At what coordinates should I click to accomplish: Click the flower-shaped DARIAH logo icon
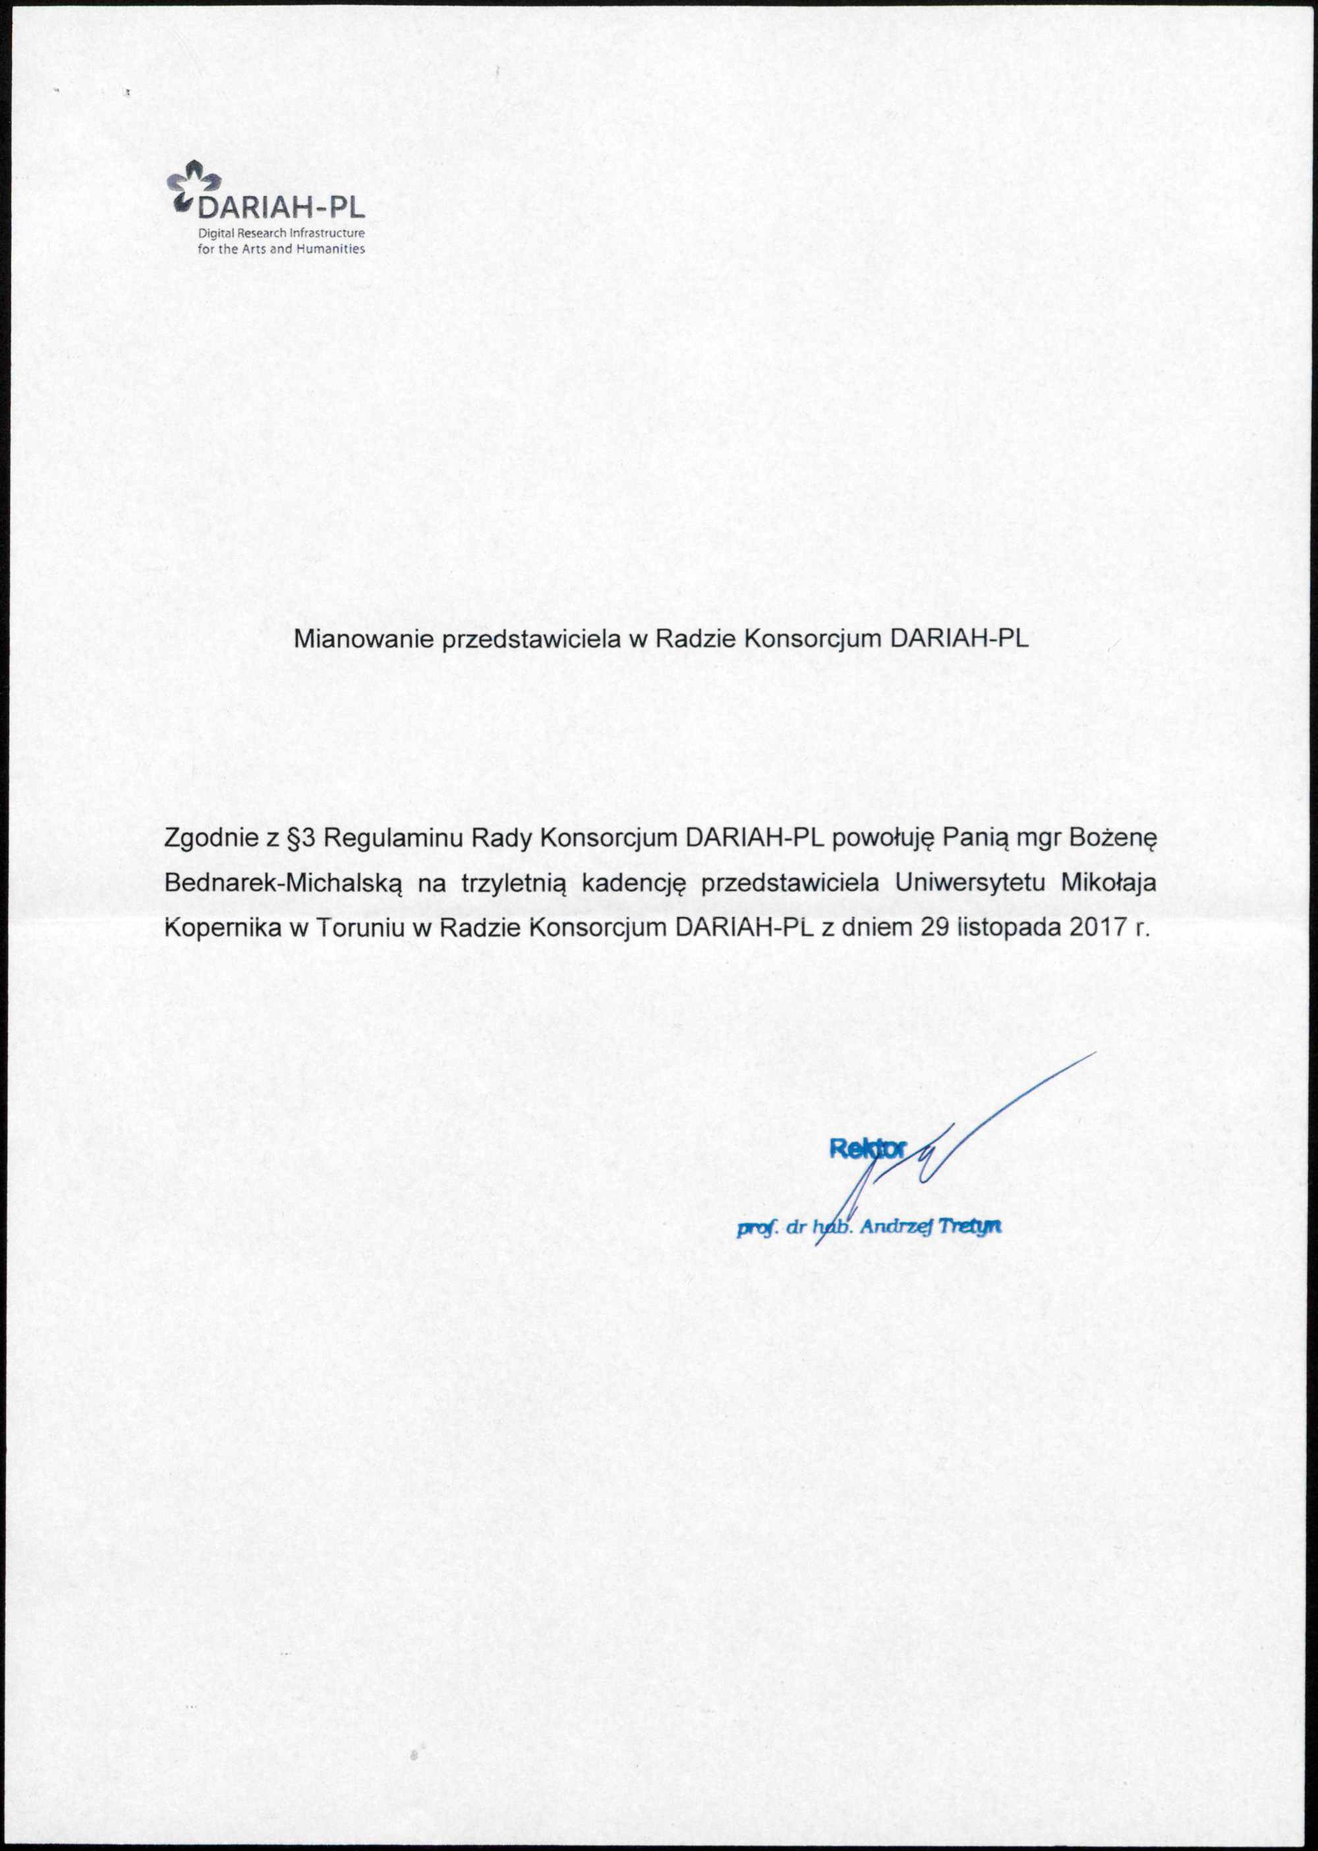[193, 185]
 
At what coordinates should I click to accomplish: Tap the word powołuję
[884, 838]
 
